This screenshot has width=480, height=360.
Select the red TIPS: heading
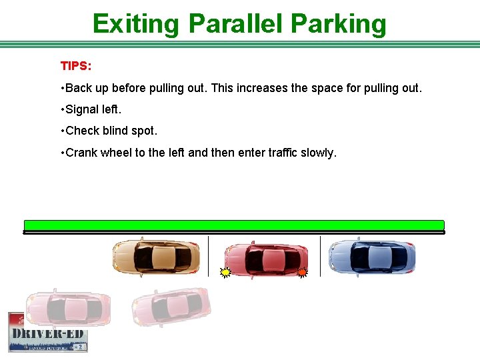tap(76, 66)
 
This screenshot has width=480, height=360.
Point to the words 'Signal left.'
tap(93, 109)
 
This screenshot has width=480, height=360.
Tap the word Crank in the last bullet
tap(81, 153)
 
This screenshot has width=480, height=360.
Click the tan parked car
tap(156, 257)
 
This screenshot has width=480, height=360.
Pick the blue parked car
tap(372, 257)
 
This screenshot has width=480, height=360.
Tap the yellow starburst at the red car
tap(226, 272)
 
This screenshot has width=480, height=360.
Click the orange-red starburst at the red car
tap(302, 272)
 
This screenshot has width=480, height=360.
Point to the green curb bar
tap(233, 225)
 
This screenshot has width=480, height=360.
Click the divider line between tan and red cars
tap(209, 255)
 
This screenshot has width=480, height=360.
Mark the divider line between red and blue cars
tap(321, 255)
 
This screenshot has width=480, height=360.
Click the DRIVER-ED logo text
tap(47, 333)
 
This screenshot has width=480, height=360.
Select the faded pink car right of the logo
tap(171, 307)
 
